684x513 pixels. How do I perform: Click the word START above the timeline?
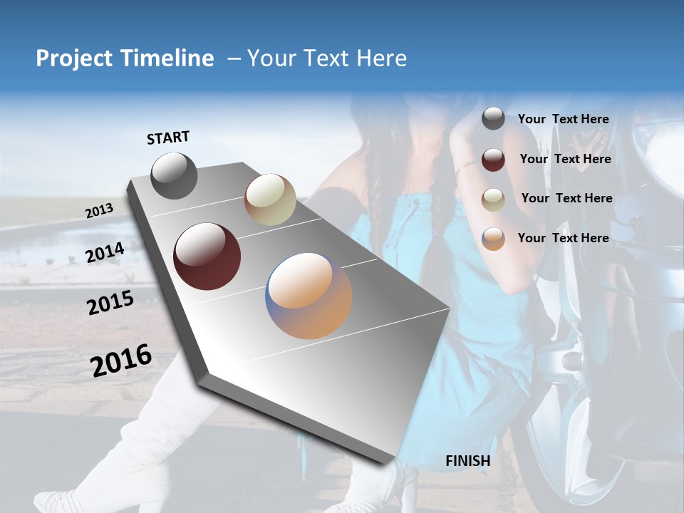point(168,138)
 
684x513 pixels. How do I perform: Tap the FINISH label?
point(467,461)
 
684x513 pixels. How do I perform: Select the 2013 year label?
point(99,211)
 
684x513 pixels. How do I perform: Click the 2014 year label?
point(105,253)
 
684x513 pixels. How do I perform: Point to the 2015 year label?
point(110,303)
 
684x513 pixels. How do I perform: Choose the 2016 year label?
point(121,361)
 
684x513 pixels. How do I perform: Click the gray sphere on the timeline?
point(174,175)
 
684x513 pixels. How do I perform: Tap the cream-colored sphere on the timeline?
point(270,199)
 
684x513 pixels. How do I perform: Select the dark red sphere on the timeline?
point(207,256)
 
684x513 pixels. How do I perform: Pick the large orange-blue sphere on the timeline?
point(309,296)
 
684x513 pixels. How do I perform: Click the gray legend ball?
point(493,118)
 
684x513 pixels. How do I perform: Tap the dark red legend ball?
point(493,159)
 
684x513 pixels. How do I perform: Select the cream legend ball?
point(493,199)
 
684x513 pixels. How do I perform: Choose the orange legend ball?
point(493,238)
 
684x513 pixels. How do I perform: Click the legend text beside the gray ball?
point(563,119)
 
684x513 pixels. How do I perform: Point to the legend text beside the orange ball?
point(563,238)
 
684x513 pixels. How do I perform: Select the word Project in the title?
point(72,58)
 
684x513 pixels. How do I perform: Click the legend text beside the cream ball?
point(566,198)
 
